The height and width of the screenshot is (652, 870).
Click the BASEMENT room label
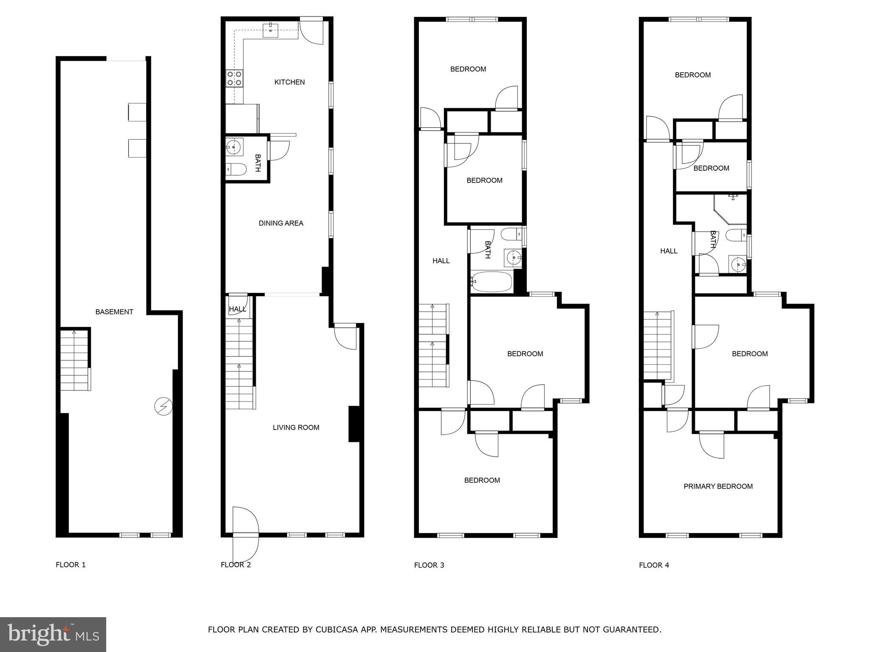click(114, 312)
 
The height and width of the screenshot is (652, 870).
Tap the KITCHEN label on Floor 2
click(289, 82)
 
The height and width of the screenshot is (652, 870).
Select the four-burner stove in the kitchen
click(234, 79)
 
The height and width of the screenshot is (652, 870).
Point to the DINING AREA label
click(281, 223)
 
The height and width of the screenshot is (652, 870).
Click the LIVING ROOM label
click(296, 427)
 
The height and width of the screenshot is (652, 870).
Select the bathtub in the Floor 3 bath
click(491, 282)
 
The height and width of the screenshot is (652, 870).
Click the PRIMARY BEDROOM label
click(718, 486)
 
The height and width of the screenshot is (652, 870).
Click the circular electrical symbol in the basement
click(163, 406)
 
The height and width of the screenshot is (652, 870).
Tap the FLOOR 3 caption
click(429, 565)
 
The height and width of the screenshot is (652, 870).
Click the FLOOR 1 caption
click(71, 565)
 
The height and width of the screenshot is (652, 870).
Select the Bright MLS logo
click(53, 634)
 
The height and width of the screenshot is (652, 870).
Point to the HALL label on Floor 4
click(669, 251)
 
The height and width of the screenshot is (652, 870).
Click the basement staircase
click(74, 360)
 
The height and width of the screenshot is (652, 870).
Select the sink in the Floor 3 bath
click(514, 258)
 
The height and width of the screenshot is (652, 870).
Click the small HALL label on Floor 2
click(237, 309)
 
